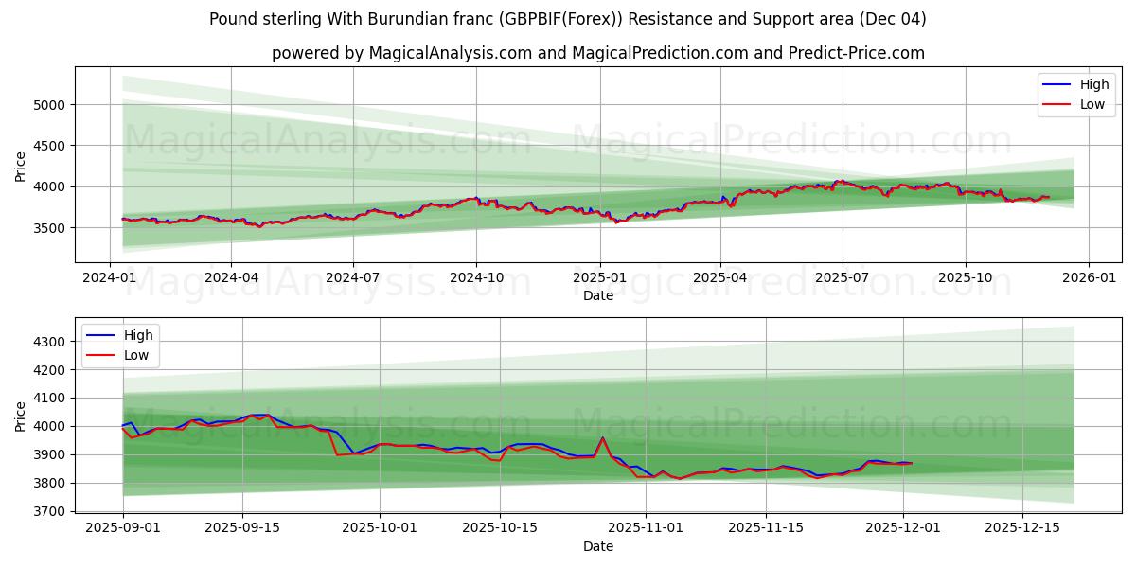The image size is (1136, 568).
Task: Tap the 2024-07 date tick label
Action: (353, 278)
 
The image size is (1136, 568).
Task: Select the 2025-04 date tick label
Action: (720, 278)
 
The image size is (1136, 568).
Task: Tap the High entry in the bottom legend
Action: (138, 335)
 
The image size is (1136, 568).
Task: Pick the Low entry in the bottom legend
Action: (137, 355)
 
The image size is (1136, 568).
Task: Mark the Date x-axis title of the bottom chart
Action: (597, 546)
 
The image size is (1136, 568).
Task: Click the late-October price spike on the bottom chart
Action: (602, 437)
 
